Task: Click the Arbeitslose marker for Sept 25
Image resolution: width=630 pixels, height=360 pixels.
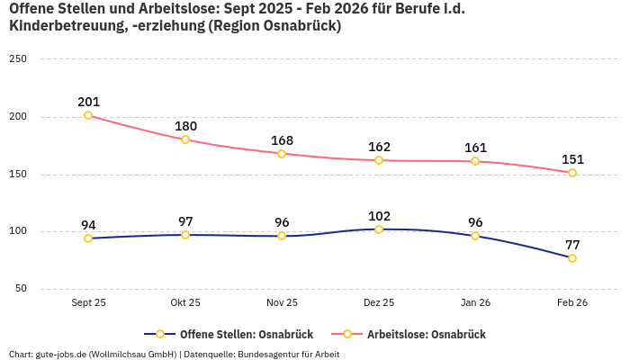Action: click(88, 115)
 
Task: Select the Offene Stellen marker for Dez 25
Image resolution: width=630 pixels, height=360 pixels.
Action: click(379, 229)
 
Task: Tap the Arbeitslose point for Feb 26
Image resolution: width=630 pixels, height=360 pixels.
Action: click(572, 173)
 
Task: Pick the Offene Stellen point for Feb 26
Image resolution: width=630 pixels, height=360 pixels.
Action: click(572, 258)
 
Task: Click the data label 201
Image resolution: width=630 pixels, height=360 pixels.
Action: click(88, 102)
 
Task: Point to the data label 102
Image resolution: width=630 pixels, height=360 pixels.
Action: click(379, 216)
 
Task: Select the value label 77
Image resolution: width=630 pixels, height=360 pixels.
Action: click(572, 245)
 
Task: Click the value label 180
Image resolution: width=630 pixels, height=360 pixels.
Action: click(185, 126)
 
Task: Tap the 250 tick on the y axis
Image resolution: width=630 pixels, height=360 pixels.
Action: click(18, 58)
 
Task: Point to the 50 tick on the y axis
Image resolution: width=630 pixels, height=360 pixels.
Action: click(21, 289)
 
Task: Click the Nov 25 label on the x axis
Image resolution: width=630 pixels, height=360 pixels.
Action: click(282, 303)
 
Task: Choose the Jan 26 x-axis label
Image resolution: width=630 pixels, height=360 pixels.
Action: click(475, 303)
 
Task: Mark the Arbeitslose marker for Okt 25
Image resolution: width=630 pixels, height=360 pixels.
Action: click(185, 139)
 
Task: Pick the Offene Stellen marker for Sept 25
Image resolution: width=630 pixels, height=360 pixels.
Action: click(88, 238)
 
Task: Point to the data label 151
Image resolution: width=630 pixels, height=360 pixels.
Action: click(572, 159)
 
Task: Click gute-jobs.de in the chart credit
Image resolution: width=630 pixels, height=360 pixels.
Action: click(61, 354)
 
